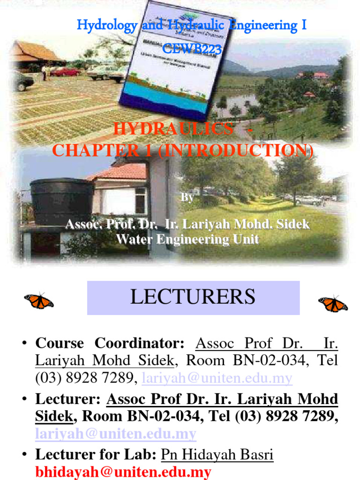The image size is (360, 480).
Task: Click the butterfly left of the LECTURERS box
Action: (x=39, y=300)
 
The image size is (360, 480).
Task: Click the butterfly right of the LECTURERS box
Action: (x=333, y=304)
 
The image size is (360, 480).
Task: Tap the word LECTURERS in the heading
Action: (x=193, y=297)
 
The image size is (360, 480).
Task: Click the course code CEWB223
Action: (x=192, y=48)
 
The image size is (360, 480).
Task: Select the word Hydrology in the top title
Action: (x=107, y=25)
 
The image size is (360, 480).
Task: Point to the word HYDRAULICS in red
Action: (x=173, y=129)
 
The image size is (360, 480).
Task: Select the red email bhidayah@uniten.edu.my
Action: (x=123, y=472)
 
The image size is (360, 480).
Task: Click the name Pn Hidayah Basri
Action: (x=217, y=455)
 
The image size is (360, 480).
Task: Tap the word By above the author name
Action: (x=187, y=198)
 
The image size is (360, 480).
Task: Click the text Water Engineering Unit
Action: (x=187, y=240)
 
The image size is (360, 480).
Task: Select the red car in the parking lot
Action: (x=65, y=72)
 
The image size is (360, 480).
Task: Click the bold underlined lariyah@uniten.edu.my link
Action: (x=116, y=434)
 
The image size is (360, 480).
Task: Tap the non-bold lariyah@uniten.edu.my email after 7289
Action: (x=217, y=378)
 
